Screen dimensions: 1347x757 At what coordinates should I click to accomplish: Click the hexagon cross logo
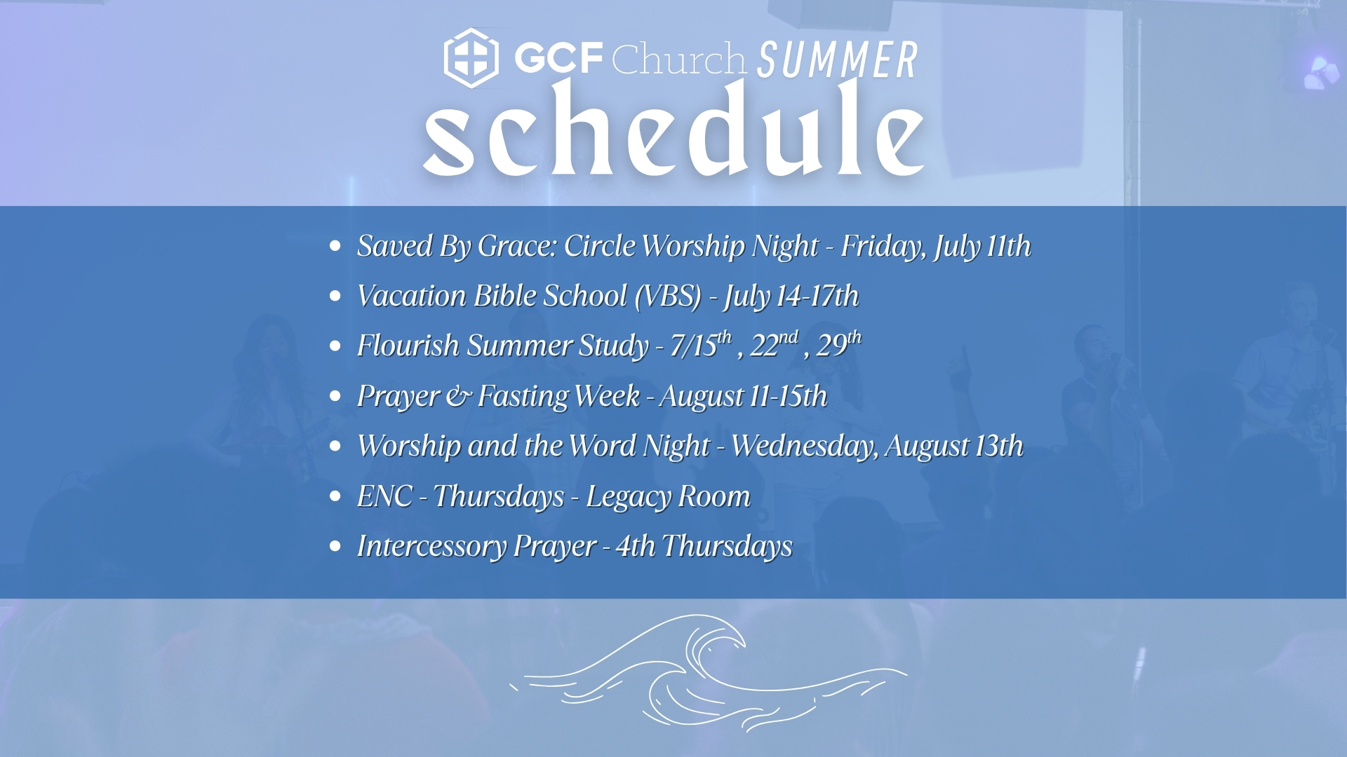pos(471,58)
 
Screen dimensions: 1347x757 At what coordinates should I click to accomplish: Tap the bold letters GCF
pos(559,57)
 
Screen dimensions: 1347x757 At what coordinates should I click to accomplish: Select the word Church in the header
pos(678,58)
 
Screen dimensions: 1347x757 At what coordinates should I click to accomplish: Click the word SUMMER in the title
pos(838,60)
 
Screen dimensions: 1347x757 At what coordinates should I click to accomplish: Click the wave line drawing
pos(709,673)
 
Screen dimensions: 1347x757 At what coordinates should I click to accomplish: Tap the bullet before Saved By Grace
pos(335,246)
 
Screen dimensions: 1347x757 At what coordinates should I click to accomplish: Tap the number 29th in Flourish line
pos(839,344)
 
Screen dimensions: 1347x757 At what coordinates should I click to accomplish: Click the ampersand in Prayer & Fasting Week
pos(459,397)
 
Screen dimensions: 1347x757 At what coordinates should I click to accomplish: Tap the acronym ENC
pos(384,496)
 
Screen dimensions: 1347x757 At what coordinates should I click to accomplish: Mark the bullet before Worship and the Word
pos(335,446)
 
